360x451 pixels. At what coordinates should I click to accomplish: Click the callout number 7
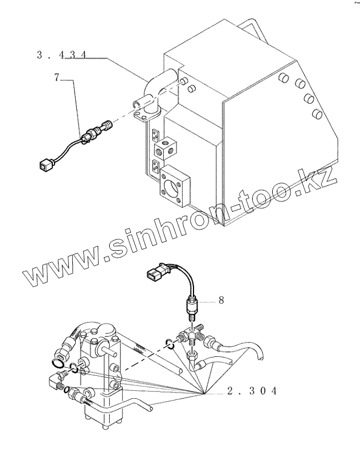57,77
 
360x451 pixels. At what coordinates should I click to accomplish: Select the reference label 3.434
61,55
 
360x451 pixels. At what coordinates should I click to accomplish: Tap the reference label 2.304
253,391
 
